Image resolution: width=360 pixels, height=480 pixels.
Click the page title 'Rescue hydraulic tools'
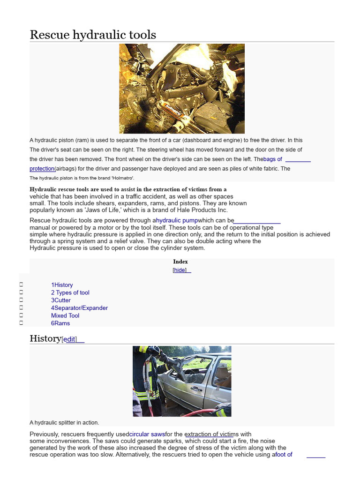tap(93, 35)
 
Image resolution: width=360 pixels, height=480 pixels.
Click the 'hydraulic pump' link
tap(177, 220)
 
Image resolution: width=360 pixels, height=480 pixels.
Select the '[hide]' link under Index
tap(180, 270)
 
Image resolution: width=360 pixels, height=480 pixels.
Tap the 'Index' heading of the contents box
tap(180, 262)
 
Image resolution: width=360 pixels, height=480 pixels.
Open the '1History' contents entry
tap(62, 285)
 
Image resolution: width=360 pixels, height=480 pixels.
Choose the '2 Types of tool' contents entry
tap(70, 292)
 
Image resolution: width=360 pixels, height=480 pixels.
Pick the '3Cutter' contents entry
tap(61, 300)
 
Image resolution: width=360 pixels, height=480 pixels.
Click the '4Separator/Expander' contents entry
tap(79, 308)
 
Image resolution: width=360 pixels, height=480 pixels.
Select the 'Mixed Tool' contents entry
tap(65, 315)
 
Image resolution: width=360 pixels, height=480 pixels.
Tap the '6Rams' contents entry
tap(60, 323)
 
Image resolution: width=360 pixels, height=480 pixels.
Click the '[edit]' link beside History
tap(69, 339)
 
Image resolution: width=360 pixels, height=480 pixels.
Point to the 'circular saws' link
tap(147, 434)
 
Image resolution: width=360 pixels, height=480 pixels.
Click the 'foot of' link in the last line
tap(283, 454)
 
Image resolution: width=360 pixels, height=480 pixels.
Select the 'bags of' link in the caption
tap(273, 159)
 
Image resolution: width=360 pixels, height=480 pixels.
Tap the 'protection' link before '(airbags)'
tap(42, 169)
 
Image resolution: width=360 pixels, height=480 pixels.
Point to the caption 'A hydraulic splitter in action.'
tap(64, 422)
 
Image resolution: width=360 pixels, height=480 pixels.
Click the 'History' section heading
tap(45, 338)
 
